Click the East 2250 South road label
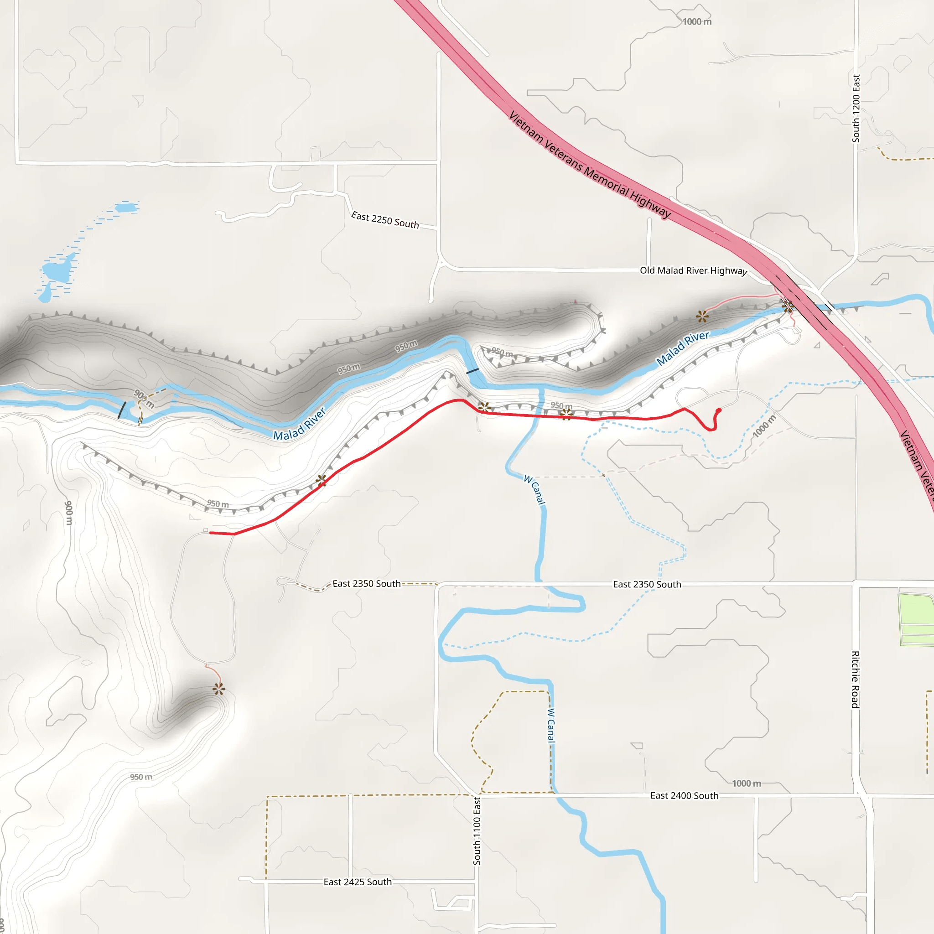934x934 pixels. [x=385, y=220]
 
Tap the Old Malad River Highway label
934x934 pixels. [x=693, y=271]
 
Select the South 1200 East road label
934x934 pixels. [x=856, y=108]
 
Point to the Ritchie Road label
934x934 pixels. [x=855, y=680]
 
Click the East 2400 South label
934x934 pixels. [x=684, y=796]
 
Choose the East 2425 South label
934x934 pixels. [x=358, y=882]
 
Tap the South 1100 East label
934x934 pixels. [x=477, y=831]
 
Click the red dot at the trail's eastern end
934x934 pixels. [x=719, y=410]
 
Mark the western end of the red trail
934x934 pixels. [x=211, y=533]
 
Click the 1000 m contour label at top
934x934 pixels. [x=697, y=22]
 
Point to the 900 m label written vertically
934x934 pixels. [x=69, y=513]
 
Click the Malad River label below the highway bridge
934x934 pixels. [x=683, y=348]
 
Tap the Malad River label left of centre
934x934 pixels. [x=300, y=425]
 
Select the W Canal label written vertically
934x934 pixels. [x=551, y=725]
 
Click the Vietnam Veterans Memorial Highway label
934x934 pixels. [x=590, y=165]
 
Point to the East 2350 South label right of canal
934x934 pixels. [x=647, y=585]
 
